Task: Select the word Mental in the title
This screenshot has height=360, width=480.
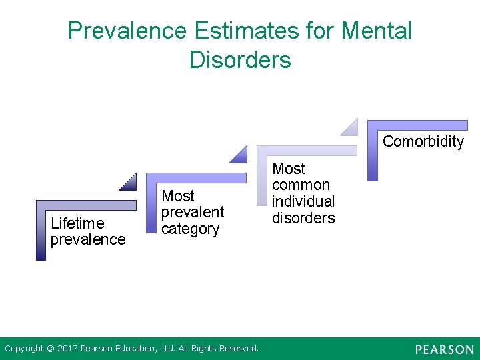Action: tap(376, 31)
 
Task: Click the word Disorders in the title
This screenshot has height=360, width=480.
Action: tap(240, 59)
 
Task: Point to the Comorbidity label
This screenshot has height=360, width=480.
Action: tap(423, 141)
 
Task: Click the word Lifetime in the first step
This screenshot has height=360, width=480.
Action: tap(77, 223)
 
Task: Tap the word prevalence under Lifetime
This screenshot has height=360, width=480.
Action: tap(88, 239)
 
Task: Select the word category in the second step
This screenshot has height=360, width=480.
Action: tap(190, 229)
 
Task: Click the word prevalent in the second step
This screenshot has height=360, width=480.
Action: tap(193, 212)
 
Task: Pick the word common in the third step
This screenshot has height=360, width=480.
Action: tap(301, 185)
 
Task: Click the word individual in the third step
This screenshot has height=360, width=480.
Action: tap(303, 201)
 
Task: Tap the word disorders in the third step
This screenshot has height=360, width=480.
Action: tap(303, 218)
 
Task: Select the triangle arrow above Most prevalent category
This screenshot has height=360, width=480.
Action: tap(239, 155)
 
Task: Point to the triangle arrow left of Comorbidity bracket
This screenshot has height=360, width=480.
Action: tap(351, 128)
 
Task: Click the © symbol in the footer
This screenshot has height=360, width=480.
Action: tap(50, 349)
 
